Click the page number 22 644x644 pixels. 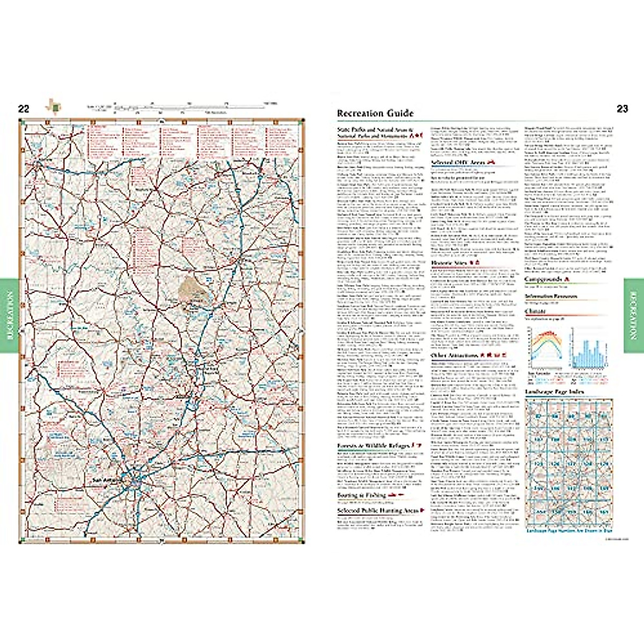tap(24, 109)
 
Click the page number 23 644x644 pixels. tap(622, 109)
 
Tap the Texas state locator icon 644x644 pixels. tap(54, 105)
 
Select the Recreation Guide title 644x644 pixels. tap(375, 113)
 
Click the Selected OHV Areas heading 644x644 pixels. tap(458, 162)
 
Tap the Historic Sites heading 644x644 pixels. tap(450, 263)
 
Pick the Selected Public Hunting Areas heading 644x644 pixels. tap(378, 510)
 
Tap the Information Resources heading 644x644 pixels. tap(551, 296)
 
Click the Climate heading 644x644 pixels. tap(535, 311)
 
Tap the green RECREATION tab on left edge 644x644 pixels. tap(9, 316)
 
